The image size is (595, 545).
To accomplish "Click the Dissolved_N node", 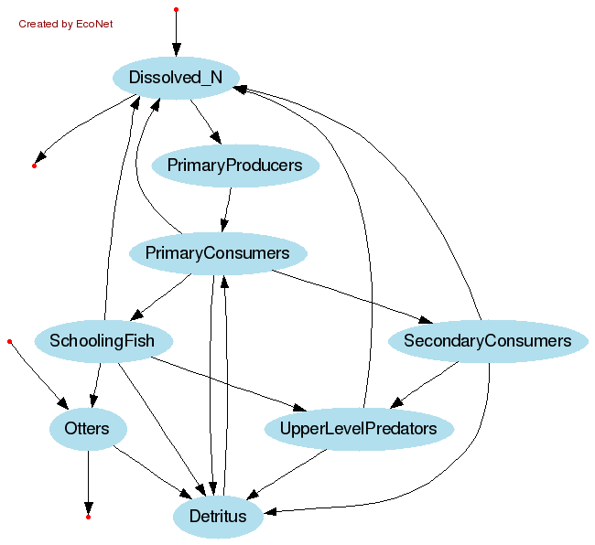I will (176, 78).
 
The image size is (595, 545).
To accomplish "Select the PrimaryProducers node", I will (234, 166).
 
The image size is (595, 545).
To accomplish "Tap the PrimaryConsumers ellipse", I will (217, 253).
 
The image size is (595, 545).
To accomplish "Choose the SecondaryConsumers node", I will (487, 341).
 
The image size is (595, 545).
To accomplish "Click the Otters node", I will (87, 428).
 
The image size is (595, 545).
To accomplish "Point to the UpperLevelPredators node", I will (358, 428).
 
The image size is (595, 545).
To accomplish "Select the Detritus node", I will (218, 517).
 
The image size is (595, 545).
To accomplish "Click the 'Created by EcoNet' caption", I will (66, 24).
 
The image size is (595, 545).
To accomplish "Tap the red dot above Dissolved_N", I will (176, 9).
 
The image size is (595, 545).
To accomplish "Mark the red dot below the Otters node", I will (88, 518).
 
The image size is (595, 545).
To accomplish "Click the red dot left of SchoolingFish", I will (9, 341).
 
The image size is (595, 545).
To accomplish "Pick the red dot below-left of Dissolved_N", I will (34, 166).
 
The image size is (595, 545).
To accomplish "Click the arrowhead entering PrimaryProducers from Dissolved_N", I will (216, 138).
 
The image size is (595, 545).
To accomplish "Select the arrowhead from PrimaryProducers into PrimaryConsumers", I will (222, 226).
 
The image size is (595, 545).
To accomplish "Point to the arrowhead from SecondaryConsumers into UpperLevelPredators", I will (397, 403).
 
